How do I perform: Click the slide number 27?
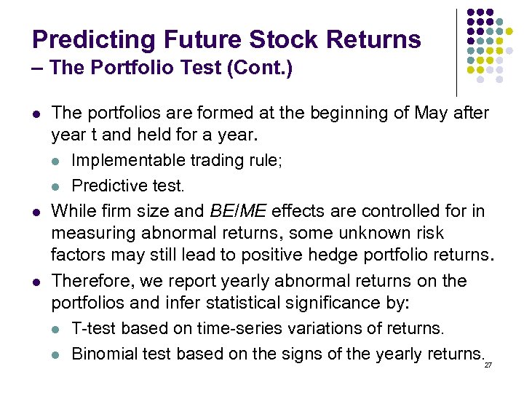(488, 364)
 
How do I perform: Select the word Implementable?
(128, 160)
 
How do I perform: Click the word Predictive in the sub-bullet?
(103, 186)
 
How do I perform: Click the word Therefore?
(87, 281)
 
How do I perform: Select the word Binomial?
(100, 354)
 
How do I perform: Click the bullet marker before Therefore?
(36, 282)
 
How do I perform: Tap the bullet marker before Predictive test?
(57, 186)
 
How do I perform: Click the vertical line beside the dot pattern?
(456, 51)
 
